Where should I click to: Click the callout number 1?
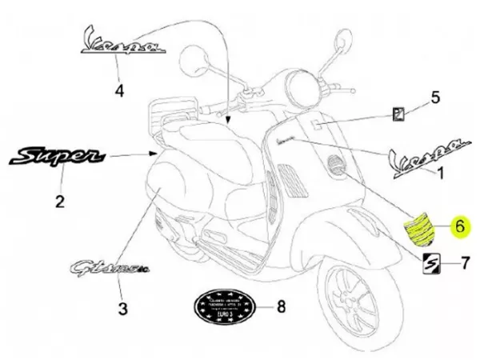pos(437,172)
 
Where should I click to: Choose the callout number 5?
pos(436,98)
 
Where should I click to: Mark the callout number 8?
pos(280,306)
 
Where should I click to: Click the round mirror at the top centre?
pos(195,58)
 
